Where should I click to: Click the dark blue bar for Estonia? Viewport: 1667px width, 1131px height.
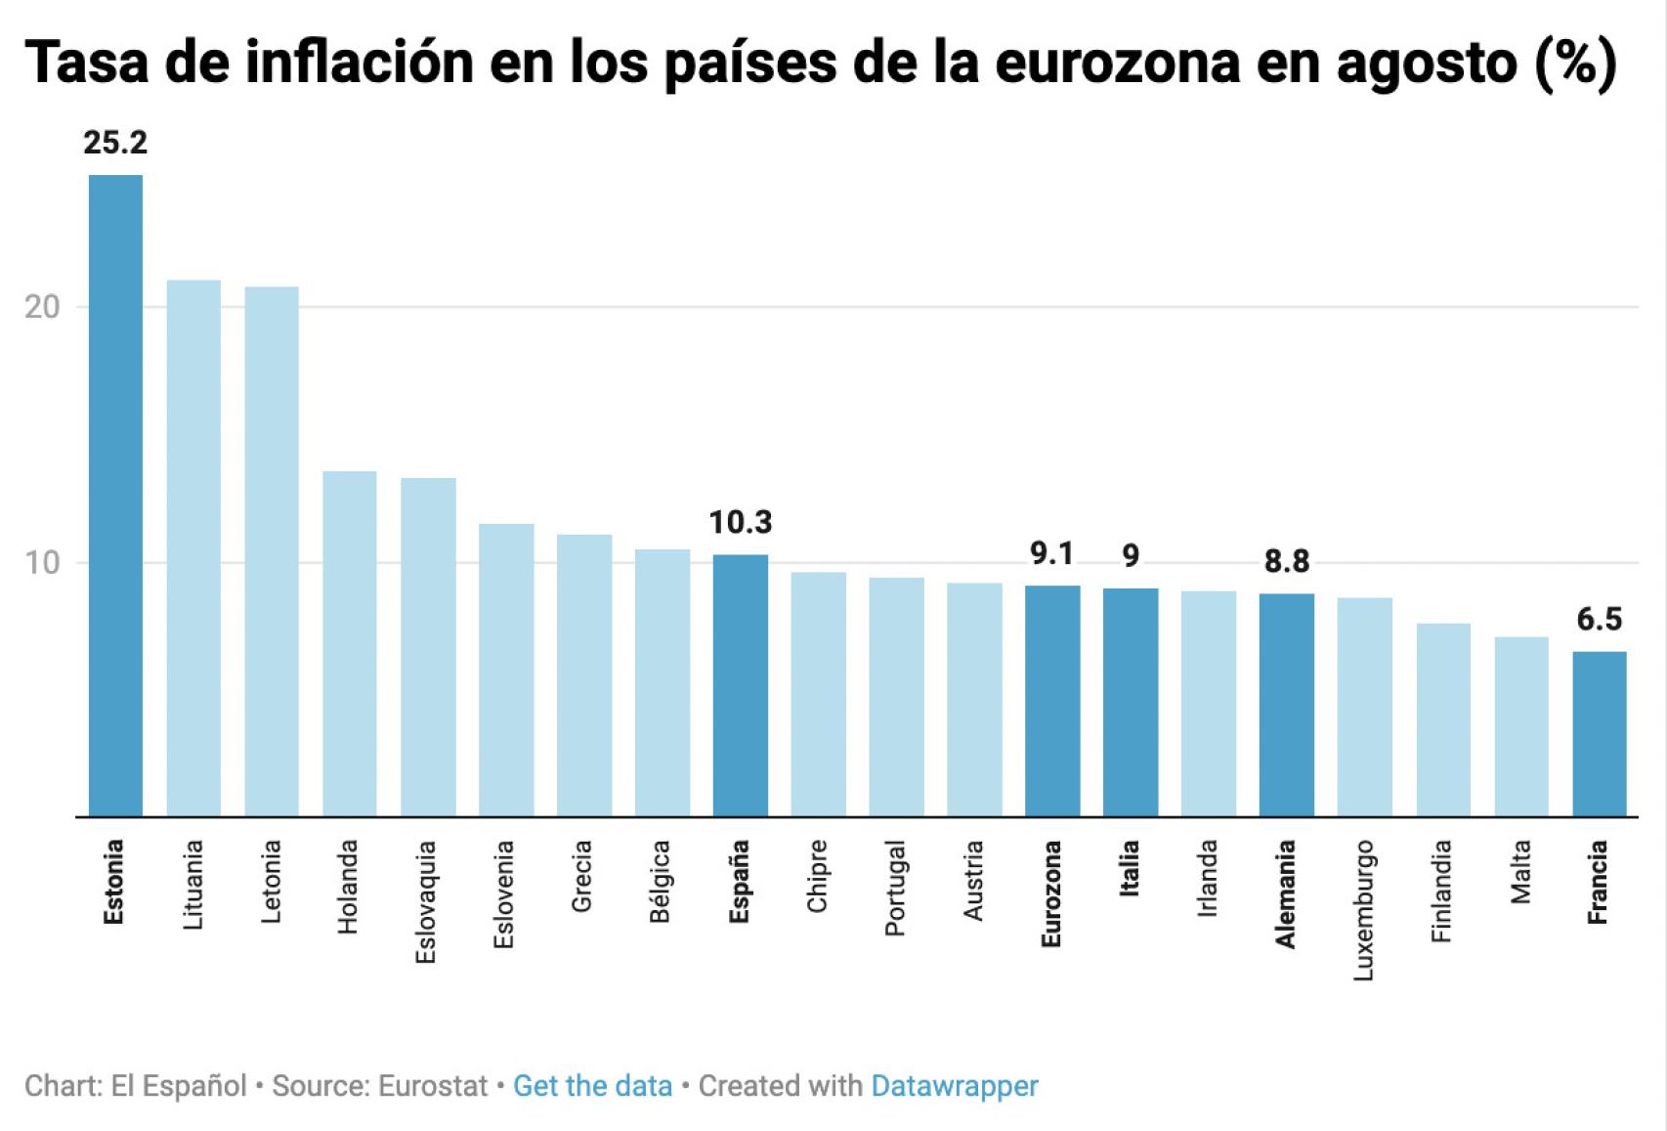(x=115, y=496)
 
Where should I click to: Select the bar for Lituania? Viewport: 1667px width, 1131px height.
(x=193, y=547)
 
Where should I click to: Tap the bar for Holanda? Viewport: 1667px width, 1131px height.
(x=350, y=643)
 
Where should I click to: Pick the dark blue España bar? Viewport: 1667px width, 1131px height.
(x=740, y=685)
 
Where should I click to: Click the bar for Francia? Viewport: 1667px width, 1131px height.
(x=1599, y=733)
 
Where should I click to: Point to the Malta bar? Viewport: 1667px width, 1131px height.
(x=1520, y=726)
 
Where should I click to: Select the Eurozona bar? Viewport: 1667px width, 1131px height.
(x=1052, y=701)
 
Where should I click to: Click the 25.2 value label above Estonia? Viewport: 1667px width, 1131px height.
(x=115, y=143)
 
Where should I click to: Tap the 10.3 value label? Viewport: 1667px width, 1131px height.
(x=740, y=523)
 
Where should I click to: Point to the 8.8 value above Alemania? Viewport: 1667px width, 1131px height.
(x=1286, y=561)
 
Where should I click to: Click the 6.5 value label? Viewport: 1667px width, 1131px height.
(x=1599, y=619)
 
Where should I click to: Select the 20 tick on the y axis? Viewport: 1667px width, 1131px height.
(x=42, y=307)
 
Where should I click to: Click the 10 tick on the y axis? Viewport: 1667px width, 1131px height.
(x=42, y=563)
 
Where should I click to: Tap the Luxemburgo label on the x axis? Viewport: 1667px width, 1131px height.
(x=1364, y=909)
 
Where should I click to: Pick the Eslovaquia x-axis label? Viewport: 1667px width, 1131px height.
(x=426, y=901)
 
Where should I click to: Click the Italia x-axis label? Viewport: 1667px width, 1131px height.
(x=1130, y=868)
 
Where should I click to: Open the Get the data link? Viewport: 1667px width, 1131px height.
(x=592, y=1086)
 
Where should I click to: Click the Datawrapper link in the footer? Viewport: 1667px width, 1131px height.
(x=954, y=1086)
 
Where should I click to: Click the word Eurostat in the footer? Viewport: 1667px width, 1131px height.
(x=432, y=1086)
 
